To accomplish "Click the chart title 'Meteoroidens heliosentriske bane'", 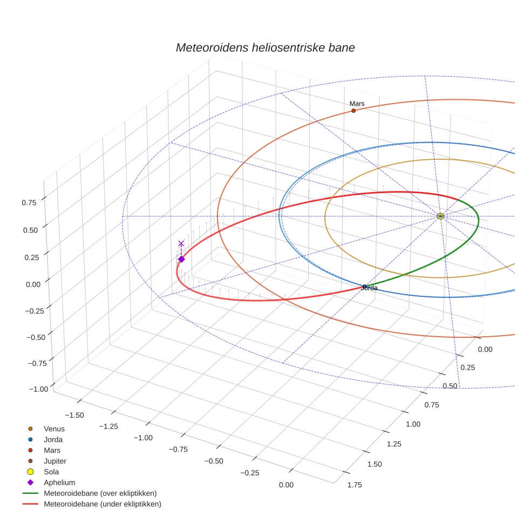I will tap(265, 47).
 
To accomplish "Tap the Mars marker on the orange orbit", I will tap(353, 111).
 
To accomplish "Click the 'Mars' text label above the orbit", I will tap(357, 103).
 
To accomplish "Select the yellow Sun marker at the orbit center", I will tap(440, 216).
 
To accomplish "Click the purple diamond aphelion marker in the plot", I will tap(181, 260).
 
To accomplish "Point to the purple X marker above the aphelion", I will tap(181, 244).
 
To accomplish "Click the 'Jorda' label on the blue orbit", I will tap(369, 289).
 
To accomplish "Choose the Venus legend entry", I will tap(54, 428).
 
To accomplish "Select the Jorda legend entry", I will tap(53, 439).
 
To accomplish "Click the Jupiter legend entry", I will tap(55, 461).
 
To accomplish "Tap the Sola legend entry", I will tap(52, 472).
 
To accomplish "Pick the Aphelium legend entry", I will tap(59, 482).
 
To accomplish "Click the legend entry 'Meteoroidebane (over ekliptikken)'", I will tap(100, 493).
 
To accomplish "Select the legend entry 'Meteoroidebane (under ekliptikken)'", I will tap(102, 504).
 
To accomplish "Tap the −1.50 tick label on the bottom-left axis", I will tap(74, 414).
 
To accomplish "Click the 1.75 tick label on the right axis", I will tap(355, 485).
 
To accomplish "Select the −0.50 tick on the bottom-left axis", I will tap(215, 461).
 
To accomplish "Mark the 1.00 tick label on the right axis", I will tap(413, 424).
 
